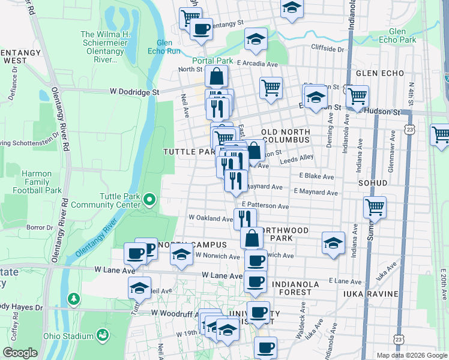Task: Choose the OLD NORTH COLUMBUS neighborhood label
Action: [x=286, y=136]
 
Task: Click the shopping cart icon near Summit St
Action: [x=375, y=207]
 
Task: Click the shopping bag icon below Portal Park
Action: [x=216, y=77]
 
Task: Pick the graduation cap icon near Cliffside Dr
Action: [x=256, y=39]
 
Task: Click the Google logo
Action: [x=20, y=353]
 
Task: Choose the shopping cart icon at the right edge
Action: [x=441, y=134]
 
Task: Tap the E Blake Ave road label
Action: [x=316, y=177]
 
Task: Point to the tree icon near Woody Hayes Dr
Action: [x=73, y=298]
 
